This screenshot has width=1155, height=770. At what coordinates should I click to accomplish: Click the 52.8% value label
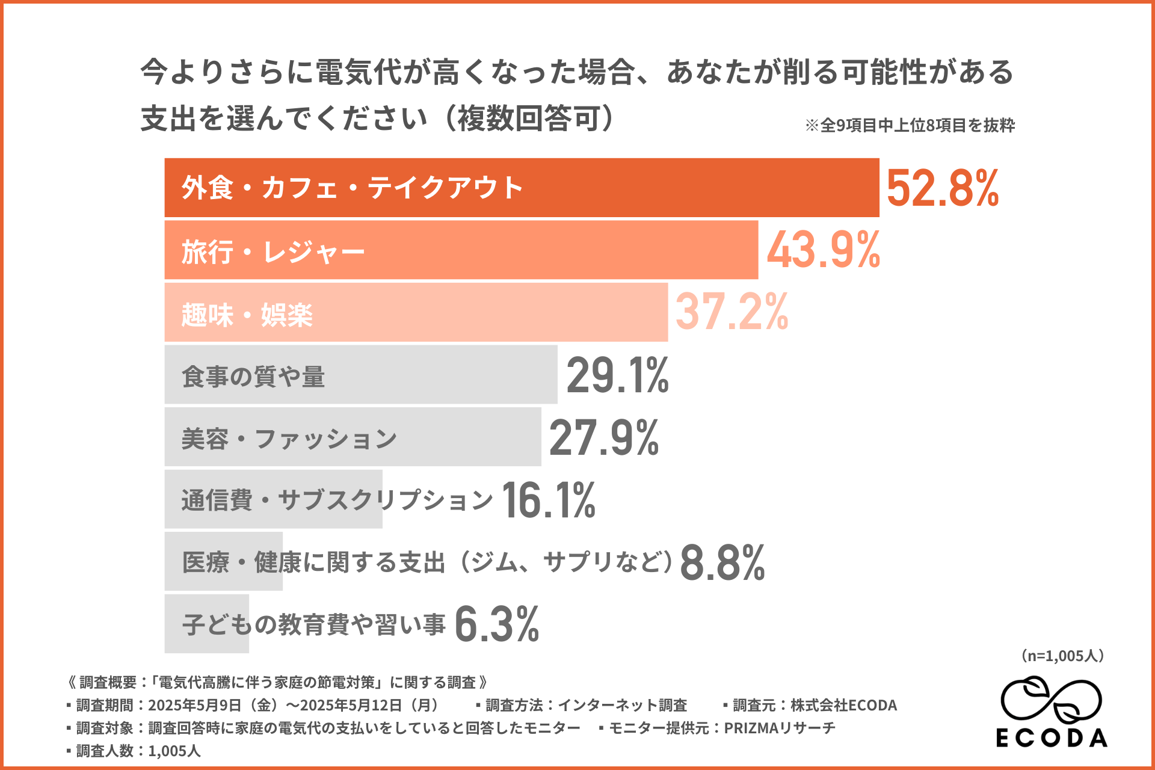(x=942, y=188)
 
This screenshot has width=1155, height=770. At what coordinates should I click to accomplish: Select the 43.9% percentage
(x=823, y=250)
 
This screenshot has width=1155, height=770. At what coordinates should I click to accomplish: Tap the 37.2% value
(x=731, y=312)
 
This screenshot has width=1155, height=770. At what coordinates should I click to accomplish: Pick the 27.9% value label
(x=604, y=437)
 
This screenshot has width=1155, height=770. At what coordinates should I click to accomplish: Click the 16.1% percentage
(x=548, y=500)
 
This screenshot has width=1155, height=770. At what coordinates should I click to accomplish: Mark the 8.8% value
(x=722, y=562)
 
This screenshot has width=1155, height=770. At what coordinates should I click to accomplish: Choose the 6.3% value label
(x=497, y=624)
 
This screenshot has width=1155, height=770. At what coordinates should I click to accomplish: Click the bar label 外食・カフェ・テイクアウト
(x=353, y=188)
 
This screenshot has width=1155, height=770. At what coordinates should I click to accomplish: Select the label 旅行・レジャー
(x=273, y=251)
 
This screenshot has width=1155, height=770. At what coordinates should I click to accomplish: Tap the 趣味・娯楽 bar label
(x=247, y=315)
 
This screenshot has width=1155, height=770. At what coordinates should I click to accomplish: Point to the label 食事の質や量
(x=253, y=377)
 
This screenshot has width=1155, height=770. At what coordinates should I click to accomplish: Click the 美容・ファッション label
(x=289, y=439)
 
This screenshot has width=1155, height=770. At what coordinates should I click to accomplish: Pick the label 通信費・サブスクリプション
(x=337, y=500)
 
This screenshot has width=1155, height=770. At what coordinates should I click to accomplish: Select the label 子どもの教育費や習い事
(x=313, y=624)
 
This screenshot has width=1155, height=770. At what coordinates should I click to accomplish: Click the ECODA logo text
(x=1052, y=738)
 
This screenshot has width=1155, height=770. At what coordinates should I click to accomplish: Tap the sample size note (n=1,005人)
(x=1062, y=656)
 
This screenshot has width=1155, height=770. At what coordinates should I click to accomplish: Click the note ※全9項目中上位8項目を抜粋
(x=910, y=125)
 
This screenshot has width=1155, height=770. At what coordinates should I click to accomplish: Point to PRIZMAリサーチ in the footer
(x=780, y=728)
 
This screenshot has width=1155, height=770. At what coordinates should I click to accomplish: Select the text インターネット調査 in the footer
(x=623, y=705)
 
